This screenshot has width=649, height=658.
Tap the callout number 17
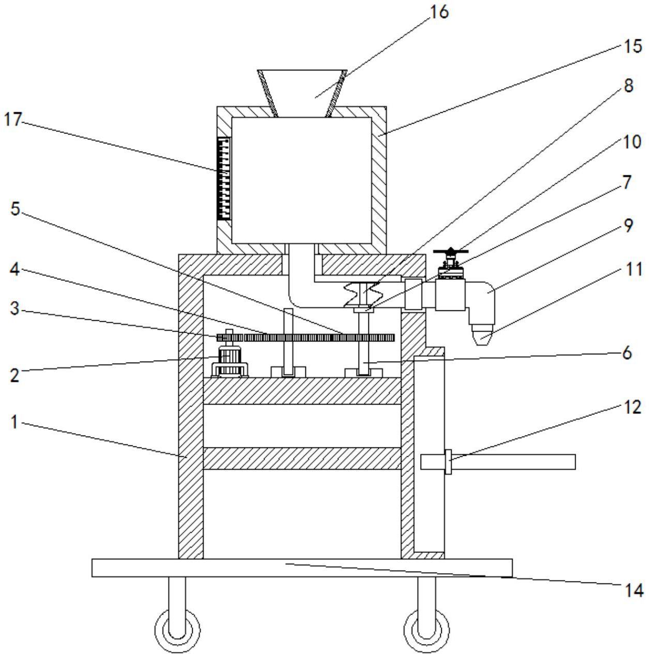coord(13,119)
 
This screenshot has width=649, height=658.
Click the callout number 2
coord(15,375)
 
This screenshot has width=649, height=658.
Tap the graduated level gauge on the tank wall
coord(225,178)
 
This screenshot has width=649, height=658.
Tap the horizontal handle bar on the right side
coord(512,461)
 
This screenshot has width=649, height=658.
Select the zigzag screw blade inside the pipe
coord(365,294)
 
